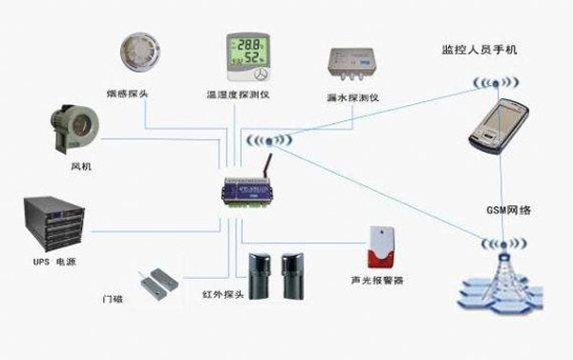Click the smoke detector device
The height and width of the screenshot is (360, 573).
(140, 53)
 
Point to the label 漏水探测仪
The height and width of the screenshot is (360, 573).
(350, 98)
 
